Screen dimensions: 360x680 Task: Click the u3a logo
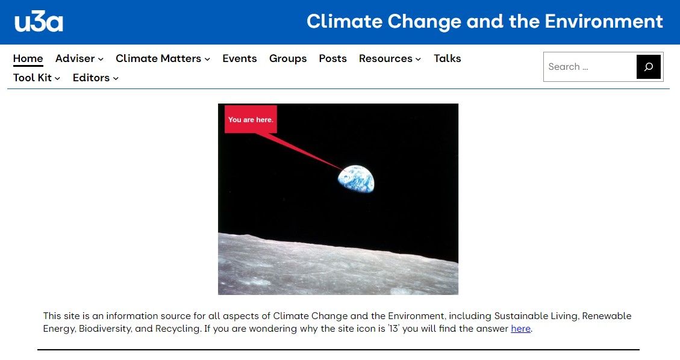coord(39,22)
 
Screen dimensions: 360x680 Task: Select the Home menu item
coord(28,58)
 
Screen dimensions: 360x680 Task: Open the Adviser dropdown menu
coord(79,58)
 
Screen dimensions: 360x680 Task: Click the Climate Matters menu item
coord(163,58)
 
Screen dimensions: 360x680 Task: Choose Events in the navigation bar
coord(239,58)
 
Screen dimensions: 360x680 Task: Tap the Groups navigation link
coord(288,58)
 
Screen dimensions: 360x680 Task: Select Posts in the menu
coord(332,58)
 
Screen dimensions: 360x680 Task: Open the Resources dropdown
coord(390,58)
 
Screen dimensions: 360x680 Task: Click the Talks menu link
coord(447,58)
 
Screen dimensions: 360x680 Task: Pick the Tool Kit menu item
coord(37,78)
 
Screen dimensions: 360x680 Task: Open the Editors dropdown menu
coord(95,78)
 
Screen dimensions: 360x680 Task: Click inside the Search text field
coord(589,67)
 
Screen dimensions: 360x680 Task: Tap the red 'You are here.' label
coord(251,120)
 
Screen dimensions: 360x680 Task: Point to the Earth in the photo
coord(356,179)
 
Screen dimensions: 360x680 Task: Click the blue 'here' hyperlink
coord(520,329)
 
